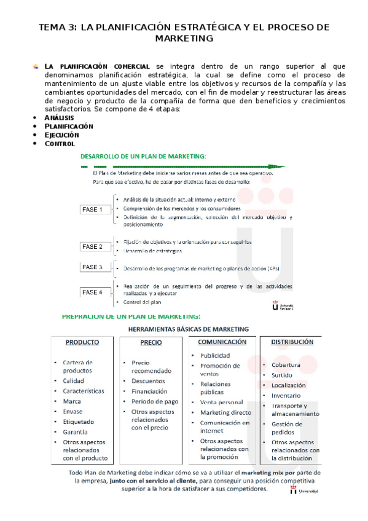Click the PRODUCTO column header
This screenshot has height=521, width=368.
[x=82, y=343]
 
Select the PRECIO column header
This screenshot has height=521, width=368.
[x=151, y=343]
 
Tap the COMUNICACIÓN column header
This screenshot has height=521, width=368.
[x=222, y=342]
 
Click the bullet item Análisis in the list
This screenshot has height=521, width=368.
[x=59, y=117]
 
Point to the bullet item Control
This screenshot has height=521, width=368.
[x=60, y=144]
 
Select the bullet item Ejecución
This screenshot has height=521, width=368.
[x=61, y=135]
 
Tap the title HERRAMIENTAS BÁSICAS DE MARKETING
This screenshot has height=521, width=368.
[x=188, y=329]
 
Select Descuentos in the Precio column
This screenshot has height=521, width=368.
[x=148, y=381]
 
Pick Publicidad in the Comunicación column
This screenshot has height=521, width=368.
[x=215, y=355]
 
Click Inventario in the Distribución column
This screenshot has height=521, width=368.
[x=286, y=396]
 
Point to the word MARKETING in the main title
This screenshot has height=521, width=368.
[x=185, y=38]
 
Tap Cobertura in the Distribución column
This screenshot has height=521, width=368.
[x=286, y=364]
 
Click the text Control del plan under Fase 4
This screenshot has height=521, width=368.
[x=142, y=302]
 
